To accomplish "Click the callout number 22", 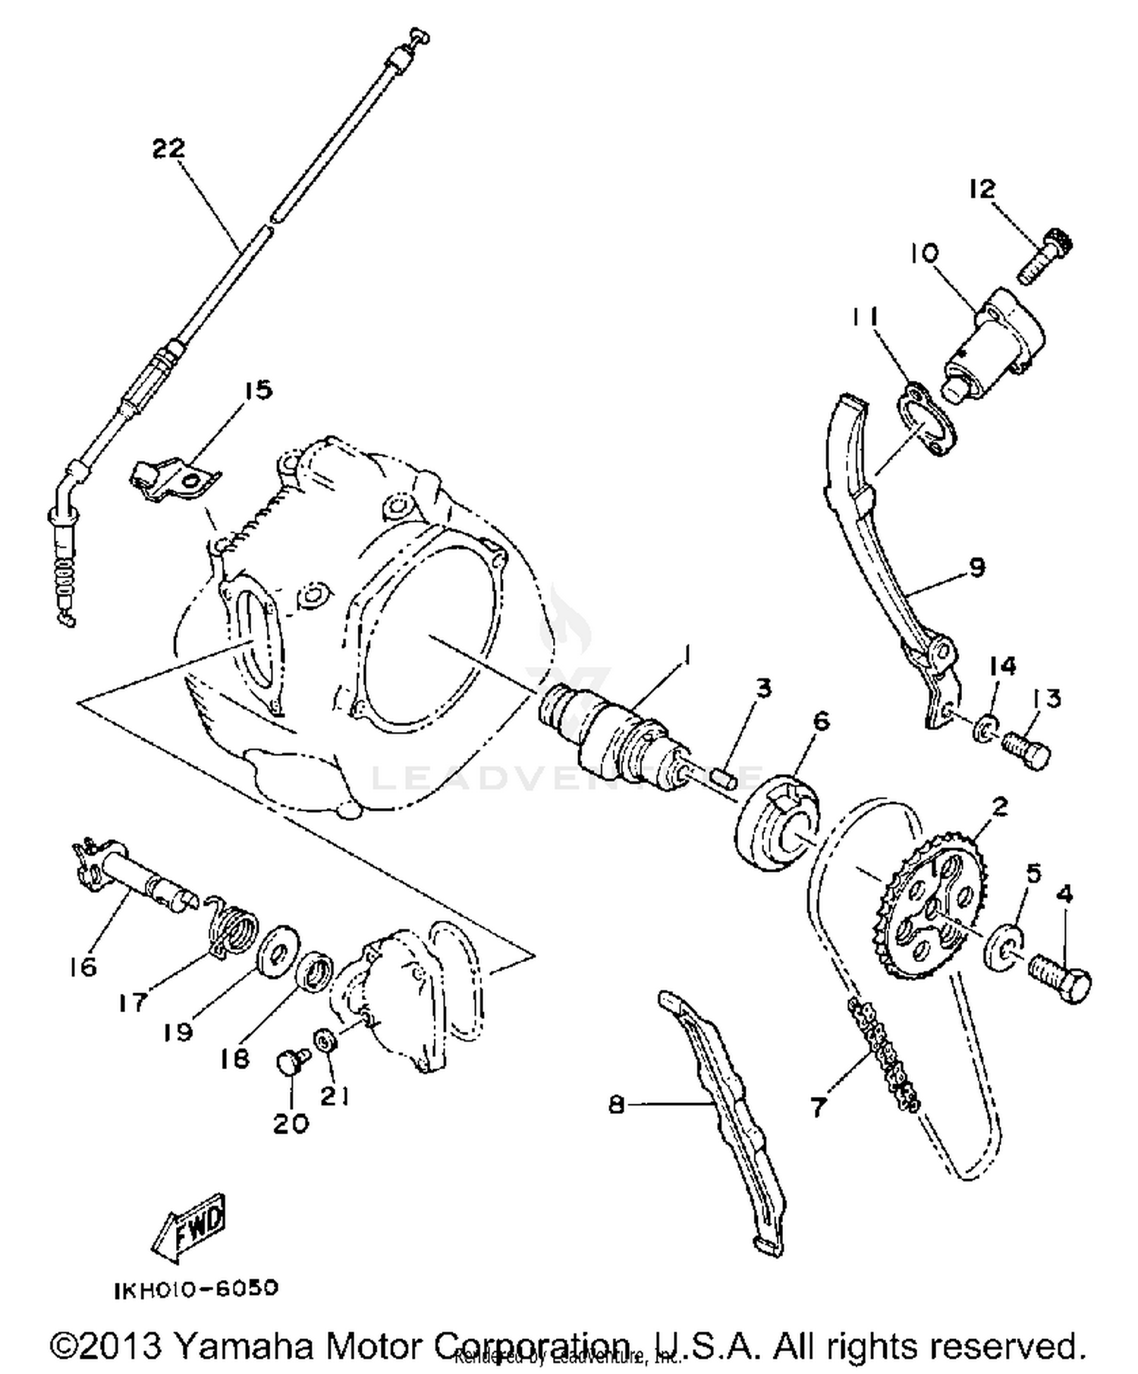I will (x=168, y=148).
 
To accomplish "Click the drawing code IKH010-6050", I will (x=196, y=1289).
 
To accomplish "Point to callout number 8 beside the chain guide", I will (x=617, y=1105).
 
